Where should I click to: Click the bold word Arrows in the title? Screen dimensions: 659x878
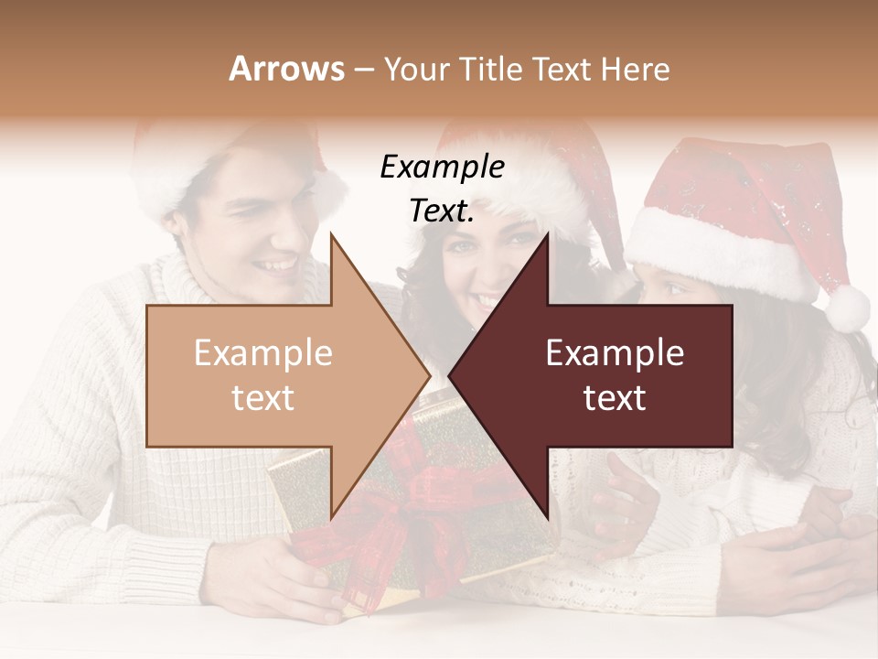tap(286, 69)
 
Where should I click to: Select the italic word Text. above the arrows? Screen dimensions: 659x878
tap(442, 211)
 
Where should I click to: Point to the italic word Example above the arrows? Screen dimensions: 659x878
tap(442, 167)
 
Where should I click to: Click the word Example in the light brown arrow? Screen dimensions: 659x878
tap(262, 353)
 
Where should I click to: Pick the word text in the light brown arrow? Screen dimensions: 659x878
tap(262, 398)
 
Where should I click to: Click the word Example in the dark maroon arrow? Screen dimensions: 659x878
tap(615, 353)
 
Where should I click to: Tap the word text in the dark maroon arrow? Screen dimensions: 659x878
tap(615, 398)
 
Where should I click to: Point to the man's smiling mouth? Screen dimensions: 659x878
tap(276, 265)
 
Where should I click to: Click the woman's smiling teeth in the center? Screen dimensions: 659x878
tap(485, 299)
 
